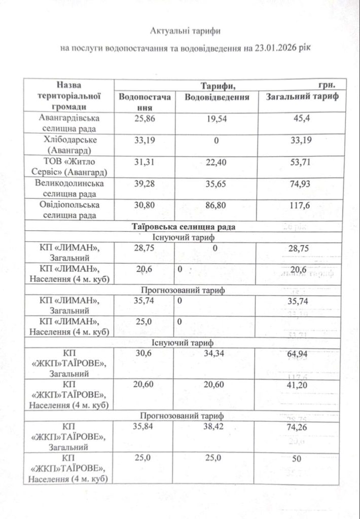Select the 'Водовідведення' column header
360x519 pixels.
[217, 97]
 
